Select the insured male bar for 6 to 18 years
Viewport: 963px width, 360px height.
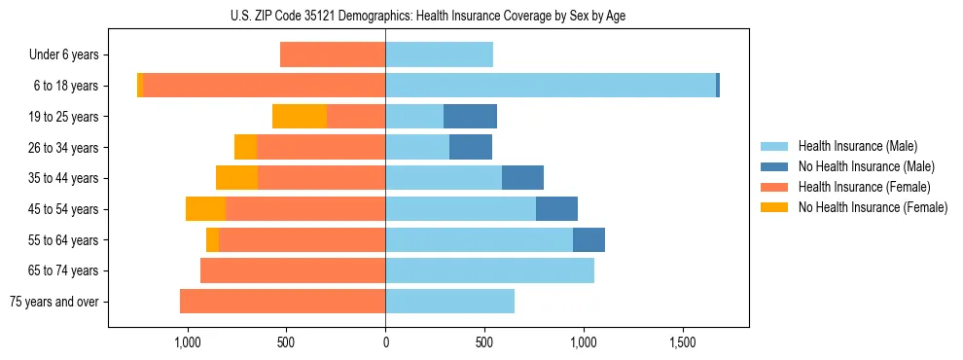tap(551, 86)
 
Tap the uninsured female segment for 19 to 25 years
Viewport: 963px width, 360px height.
tap(300, 117)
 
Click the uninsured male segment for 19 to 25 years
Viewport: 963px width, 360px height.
tap(470, 117)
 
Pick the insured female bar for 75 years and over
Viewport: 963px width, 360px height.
tap(282, 302)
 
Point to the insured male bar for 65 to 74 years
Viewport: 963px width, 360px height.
tap(489, 270)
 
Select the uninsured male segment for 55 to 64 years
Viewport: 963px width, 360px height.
tap(588, 240)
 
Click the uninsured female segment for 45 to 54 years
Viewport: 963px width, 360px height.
tap(205, 209)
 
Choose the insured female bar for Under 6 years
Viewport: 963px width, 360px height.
tap(333, 54)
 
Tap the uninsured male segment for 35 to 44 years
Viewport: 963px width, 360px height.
tap(522, 178)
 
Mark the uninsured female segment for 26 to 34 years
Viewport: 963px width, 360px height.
tap(245, 147)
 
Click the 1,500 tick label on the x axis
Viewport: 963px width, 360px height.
tap(683, 343)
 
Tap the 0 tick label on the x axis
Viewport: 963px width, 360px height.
tap(385, 343)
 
